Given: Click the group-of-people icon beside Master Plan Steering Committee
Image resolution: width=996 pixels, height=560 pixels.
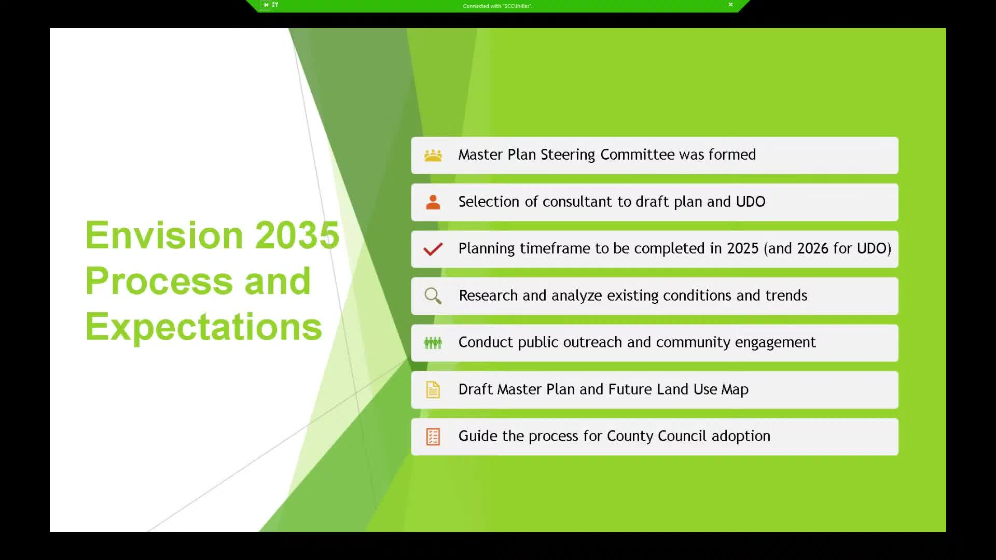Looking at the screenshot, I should click(x=433, y=155).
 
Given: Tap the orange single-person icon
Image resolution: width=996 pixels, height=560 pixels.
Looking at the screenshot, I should click(x=433, y=202).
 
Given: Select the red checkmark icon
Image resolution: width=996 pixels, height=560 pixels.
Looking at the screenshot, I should click(x=433, y=249).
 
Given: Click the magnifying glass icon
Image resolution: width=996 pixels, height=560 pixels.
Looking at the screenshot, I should click(x=433, y=296).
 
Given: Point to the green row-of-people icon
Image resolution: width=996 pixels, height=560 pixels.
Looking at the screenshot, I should click(x=433, y=343).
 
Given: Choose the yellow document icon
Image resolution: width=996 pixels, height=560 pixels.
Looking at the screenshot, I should click(x=433, y=390).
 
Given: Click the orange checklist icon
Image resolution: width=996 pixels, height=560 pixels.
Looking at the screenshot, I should click(x=433, y=437).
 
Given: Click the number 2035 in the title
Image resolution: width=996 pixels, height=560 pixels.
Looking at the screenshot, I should click(x=297, y=235).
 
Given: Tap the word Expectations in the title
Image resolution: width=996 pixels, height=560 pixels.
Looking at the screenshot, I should click(x=203, y=327).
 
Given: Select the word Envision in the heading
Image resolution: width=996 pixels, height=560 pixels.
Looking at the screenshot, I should click(x=164, y=235).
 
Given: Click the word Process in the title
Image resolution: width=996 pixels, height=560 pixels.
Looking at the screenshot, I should click(x=159, y=281).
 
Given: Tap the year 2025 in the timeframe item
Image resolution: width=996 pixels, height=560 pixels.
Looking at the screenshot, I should click(x=742, y=249).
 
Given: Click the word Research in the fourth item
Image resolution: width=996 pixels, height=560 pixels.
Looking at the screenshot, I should click(x=488, y=296).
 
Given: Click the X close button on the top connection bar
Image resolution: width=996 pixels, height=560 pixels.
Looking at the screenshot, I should click(x=730, y=5).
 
